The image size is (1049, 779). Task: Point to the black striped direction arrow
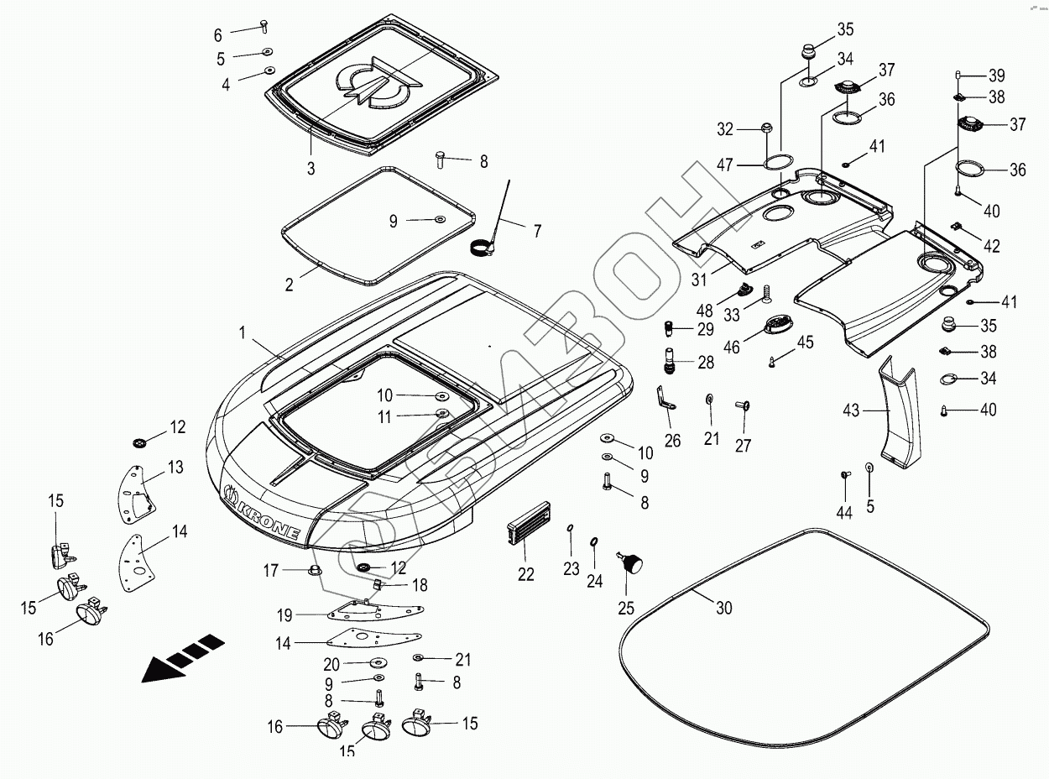pos(184,658)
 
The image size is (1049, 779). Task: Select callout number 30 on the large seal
pos(724,608)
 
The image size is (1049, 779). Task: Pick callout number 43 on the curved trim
pos(851,410)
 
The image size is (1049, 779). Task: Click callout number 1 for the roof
pos(243,332)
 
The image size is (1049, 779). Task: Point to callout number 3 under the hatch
pos(311,168)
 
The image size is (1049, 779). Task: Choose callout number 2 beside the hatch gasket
pos(289,285)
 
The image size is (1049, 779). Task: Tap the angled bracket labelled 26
pos(667,399)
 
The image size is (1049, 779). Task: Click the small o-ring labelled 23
pos(571,528)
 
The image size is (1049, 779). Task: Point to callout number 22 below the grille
pos(525,573)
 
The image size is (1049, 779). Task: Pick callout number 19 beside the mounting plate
pos(284,615)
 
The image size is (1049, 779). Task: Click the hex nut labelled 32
pos(766,128)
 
